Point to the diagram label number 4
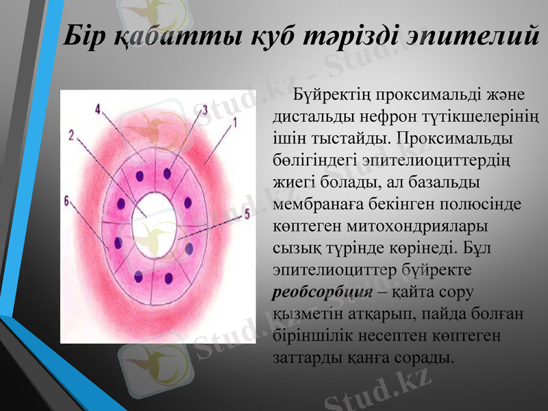click(99, 110)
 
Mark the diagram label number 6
click(66, 201)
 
